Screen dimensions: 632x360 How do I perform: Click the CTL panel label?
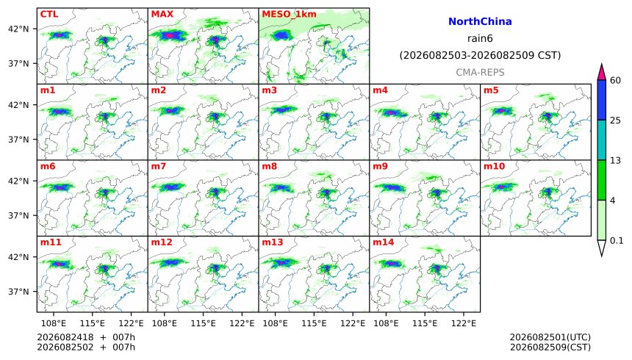[49, 14]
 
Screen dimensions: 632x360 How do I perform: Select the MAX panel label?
[162, 14]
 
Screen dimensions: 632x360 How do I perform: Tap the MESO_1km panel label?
[289, 15]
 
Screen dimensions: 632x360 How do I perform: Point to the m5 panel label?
[491, 90]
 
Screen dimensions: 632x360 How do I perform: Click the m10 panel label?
[494, 166]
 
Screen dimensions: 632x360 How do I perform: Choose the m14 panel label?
[383, 242]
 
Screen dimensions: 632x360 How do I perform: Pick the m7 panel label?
[159, 166]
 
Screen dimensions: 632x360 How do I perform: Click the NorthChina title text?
[480, 22]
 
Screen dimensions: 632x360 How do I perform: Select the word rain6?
[480, 39]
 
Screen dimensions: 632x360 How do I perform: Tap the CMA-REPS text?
[480, 72]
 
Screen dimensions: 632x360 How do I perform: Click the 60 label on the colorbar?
[615, 80]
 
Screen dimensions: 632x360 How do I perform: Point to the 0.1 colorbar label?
[617, 241]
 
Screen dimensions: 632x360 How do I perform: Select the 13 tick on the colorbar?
[615, 160]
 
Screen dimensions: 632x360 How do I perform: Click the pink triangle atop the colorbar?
[601, 72]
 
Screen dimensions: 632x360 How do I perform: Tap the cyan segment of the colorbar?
[601, 140]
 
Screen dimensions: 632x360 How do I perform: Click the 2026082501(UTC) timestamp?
[550, 337]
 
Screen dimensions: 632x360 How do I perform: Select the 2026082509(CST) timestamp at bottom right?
[550, 347]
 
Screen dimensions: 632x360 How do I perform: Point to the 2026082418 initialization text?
[65, 337]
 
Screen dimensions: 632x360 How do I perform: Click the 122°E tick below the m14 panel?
[463, 323]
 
